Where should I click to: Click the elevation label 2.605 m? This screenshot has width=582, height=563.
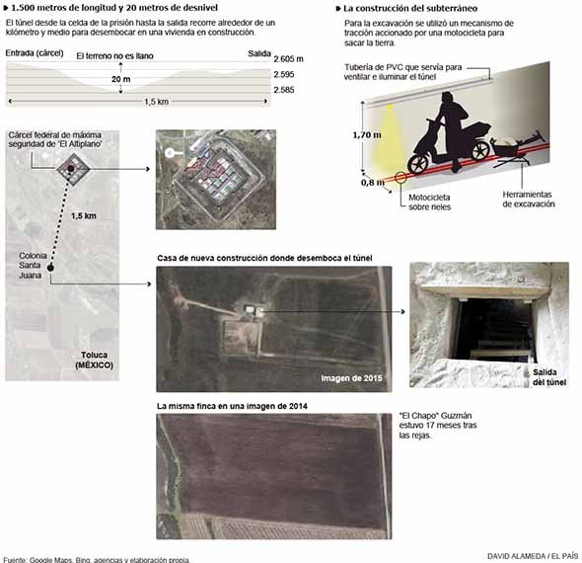pos(288,59)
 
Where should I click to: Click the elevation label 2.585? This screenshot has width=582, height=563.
pos(284,90)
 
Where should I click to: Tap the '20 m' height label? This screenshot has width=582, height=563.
pos(121,79)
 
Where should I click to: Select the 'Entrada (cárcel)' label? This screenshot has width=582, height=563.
pos(35,53)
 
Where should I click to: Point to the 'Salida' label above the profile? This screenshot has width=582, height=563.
pos(259,53)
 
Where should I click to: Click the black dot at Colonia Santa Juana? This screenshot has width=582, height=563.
pos(50,268)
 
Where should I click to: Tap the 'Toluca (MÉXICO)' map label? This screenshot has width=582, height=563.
pos(95,361)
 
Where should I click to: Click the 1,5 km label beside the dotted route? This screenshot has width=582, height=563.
pos(84,216)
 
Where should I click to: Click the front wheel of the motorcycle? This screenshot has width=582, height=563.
pos(417,164)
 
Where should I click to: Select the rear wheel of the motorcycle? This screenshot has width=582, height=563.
pos(480,150)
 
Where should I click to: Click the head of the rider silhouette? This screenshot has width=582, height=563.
pos(447,98)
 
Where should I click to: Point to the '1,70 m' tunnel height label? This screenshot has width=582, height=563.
pos(367,135)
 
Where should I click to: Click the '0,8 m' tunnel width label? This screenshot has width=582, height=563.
pos(373,183)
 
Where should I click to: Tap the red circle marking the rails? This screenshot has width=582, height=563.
pos(400,178)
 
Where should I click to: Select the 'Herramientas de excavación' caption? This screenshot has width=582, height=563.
pos(529,200)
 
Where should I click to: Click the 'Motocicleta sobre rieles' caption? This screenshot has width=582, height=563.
pos(429,202)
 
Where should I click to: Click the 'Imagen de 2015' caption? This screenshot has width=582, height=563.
pos(351,378)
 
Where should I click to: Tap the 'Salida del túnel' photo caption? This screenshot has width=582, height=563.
pos(549,377)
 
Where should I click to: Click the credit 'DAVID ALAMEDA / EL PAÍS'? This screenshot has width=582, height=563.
pos(533,556)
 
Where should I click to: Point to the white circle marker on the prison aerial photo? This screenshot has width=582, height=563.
pos(170,153)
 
